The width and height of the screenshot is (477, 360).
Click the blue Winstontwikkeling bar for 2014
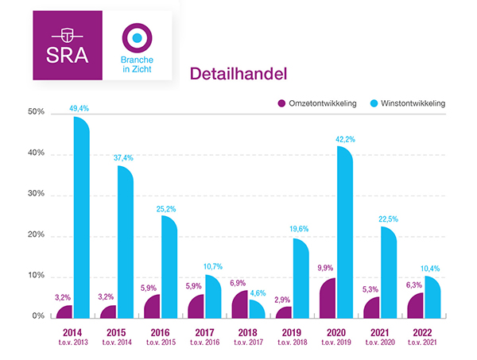[81, 219]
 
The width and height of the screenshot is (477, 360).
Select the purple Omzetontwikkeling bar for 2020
[327, 298]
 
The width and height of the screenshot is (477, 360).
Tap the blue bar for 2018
[254, 308]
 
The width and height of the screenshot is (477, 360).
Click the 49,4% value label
[80, 107]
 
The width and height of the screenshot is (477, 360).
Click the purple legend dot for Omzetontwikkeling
[281, 103]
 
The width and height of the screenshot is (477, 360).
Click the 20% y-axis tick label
[36, 236]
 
